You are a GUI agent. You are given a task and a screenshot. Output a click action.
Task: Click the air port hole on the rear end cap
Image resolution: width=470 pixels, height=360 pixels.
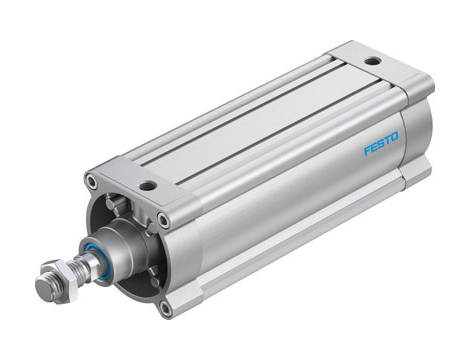(x=372, y=61)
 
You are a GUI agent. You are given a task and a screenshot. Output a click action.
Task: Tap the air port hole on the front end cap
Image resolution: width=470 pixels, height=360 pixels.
(x=147, y=186)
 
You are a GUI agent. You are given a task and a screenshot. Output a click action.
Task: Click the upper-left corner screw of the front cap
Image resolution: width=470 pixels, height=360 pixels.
(x=93, y=183)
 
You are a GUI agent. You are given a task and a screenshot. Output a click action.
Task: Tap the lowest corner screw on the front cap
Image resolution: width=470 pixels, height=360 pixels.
(x=165, y=307)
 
